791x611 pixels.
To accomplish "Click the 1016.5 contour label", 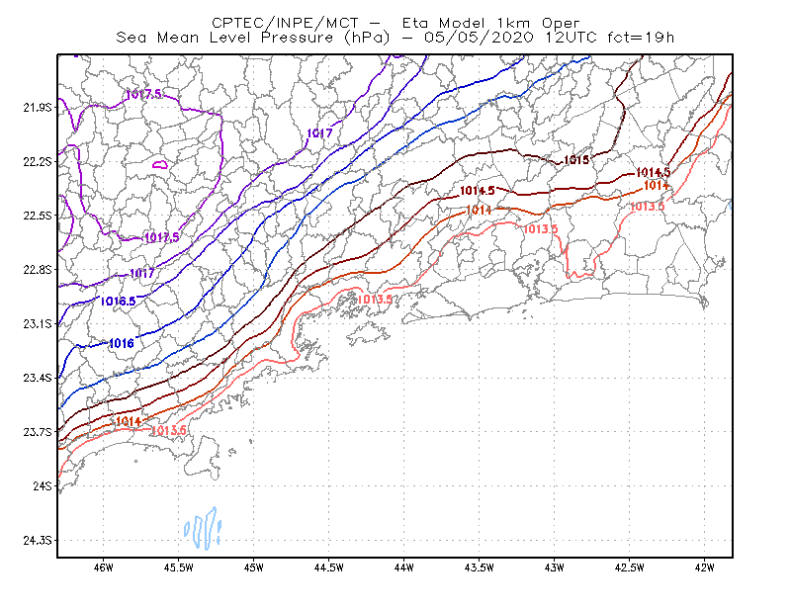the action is [118, 302].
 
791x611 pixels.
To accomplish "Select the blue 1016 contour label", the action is [122, 344].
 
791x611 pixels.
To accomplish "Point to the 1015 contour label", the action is [576, 160].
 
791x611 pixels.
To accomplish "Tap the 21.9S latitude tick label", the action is [38, 108].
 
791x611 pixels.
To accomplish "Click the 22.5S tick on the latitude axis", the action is [38, 216].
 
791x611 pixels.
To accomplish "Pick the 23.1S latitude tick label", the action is [38, 323].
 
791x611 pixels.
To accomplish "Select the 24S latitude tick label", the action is [43, 485].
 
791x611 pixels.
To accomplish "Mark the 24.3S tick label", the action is [38, 541].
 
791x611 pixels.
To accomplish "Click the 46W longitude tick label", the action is [104, 567].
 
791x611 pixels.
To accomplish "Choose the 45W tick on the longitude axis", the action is [254, 567].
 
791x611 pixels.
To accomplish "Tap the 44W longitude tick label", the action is [404, 567].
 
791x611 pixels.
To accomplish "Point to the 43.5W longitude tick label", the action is [480, 567].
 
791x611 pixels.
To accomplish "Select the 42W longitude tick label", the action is [705, 567].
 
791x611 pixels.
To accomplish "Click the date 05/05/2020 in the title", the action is [479, 38].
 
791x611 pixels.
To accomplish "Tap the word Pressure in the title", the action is [298, 38].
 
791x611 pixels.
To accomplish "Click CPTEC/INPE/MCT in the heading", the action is [286, 23].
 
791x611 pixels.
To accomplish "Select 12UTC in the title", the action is [571, 38].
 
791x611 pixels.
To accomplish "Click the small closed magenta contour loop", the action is [160, 164].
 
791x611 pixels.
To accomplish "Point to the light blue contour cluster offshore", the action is [203, 528].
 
